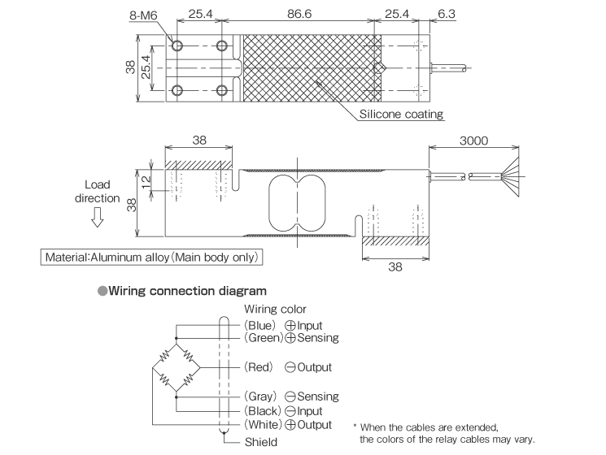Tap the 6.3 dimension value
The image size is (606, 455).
(447, 15)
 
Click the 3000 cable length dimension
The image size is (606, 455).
(473, 140)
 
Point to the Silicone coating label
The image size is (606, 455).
(402, 114)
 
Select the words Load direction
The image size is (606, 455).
(97, 192)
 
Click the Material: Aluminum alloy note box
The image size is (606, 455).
(152, 258)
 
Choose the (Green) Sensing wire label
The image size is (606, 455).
(291, 337)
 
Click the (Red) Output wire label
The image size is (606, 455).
(288, 367)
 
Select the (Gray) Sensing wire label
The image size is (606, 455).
(291, 396)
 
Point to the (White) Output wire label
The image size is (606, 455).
(288, 424)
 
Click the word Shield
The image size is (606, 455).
(261, 443)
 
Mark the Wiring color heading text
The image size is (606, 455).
(275, 310)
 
